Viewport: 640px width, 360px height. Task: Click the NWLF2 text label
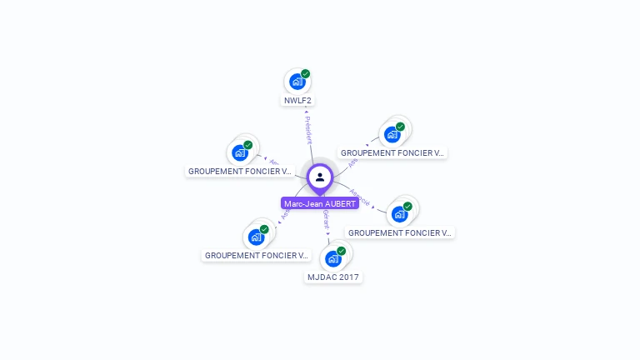coord(297,101)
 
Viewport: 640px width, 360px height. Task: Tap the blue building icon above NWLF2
coord(296,82)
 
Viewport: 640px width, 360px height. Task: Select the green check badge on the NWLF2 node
coord(306,74)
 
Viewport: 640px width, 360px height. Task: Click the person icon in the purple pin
coord(320,177)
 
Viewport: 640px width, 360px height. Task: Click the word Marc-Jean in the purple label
coord(302,203)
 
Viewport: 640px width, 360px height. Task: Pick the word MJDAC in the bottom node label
coord(321,277)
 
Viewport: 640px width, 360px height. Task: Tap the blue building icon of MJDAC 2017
coord(333,258)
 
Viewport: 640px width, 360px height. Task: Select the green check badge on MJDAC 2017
coord(341,251)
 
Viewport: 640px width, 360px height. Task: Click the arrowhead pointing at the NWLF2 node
coord(306,112)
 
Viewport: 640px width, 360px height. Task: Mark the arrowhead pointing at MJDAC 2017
coord(328,237)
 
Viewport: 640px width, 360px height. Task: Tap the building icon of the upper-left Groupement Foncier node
coord(240,153)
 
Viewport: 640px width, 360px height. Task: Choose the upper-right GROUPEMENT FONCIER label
coord(393,153)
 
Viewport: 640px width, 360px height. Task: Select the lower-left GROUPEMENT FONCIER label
coord(257,255)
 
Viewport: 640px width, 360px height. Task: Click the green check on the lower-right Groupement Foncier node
coord(407,206)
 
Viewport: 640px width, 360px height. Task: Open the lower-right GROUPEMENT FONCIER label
coord(400,233)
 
